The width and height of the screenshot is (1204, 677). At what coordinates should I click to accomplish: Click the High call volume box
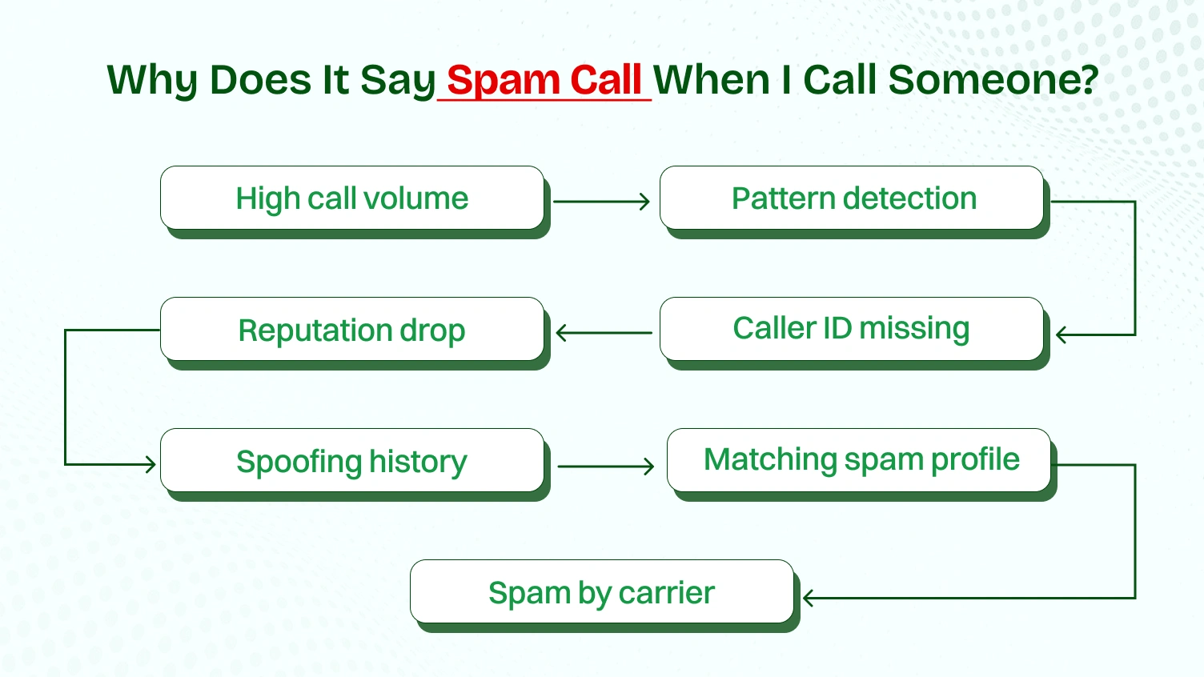pos(352,198)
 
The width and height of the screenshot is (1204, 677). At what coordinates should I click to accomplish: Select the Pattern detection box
pos(853,198)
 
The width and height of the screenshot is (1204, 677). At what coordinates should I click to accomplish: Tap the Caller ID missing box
pos(851,329)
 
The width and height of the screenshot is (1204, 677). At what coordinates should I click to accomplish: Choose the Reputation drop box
pos(352,330)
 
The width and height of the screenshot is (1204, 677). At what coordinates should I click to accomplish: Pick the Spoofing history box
pos(352,461)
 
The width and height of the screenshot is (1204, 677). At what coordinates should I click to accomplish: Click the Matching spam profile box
pos(861,460)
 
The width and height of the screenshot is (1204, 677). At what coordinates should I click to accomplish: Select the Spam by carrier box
pos(602,592)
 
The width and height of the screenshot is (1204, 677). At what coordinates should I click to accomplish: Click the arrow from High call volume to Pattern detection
pos(600,202)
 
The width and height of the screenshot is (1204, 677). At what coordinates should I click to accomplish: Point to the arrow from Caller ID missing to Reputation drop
pos(604,333)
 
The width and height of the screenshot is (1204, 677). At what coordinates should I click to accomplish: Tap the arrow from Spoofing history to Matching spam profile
pos(605,467)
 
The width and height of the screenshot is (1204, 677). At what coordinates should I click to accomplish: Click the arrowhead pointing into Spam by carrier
pos(809,598)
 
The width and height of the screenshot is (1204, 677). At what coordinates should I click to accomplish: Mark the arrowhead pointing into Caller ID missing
pos(1062,335)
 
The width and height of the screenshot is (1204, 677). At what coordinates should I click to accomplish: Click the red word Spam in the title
pos(504,81)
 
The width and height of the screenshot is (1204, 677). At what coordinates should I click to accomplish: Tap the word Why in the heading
pos(152,81)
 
